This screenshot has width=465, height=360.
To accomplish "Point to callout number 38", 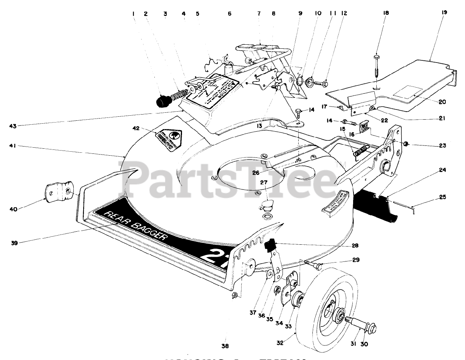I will point(225,347).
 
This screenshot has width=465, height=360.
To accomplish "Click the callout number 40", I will point(15,209).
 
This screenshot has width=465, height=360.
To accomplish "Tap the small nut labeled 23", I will point(404,144).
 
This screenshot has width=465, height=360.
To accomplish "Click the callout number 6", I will point(229,13).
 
